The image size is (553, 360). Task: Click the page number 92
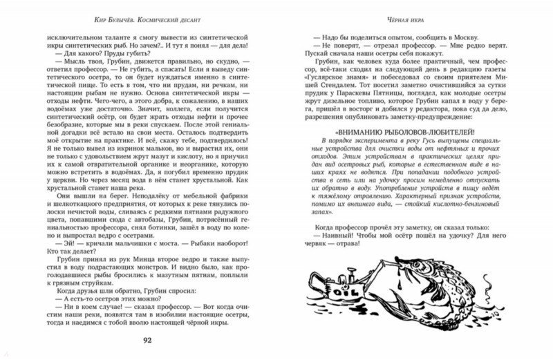[158, 339]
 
